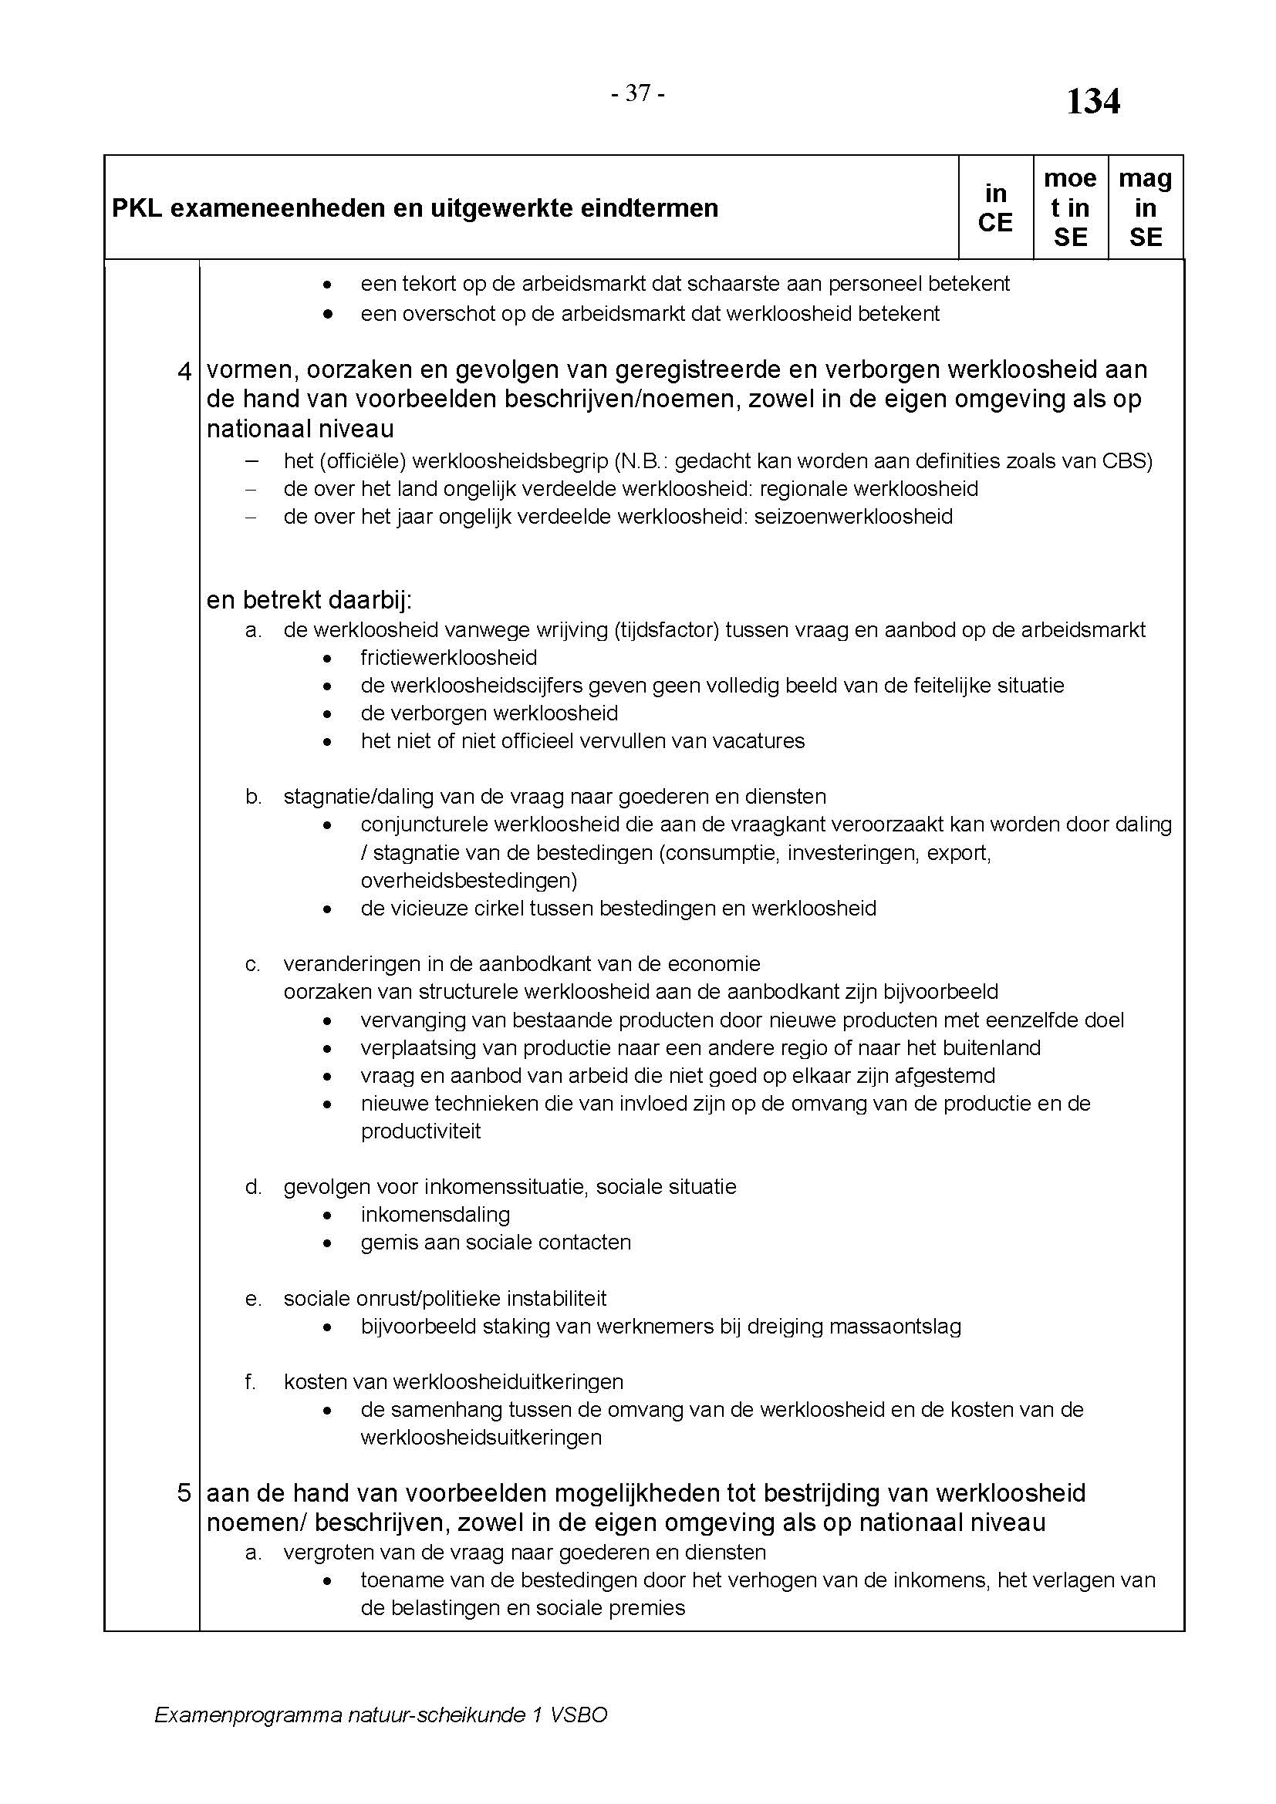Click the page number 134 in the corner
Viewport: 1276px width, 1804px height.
[x=1092, y=102]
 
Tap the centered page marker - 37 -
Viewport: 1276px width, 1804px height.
[x=638, y=94]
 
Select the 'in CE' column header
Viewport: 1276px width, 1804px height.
[x=994, y=208]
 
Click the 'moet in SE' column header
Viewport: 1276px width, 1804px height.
[x=1070, y=208]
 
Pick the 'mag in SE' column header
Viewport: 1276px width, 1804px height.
[x=1145, y=208]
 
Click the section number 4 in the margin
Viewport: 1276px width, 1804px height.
[x=184, y=371]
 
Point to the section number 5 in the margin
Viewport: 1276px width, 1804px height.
[x=184, y=1493]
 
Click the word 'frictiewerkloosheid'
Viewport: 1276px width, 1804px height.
[x=449, y=658]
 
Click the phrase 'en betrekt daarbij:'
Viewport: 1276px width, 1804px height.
[x=309, y=600]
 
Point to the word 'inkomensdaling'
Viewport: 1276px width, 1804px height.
[x=435, y=1215]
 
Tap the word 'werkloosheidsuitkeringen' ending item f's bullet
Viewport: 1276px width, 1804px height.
[x=481, y=1438]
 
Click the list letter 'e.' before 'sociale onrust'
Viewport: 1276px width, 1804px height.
[x=253, y=1299]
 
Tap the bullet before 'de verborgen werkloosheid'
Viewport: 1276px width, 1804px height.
[x=328, y=714]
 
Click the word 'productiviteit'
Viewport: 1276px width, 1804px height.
[x=420, y=1131]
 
